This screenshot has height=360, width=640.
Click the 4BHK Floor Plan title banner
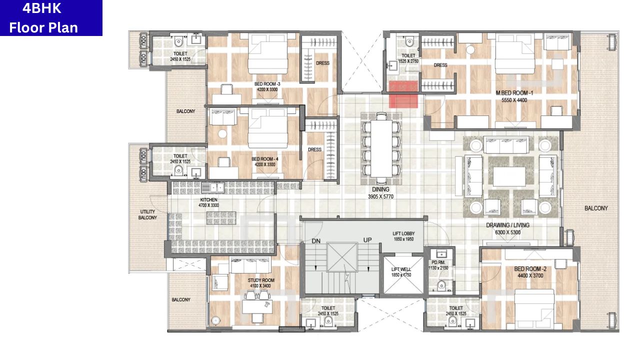[51, 17]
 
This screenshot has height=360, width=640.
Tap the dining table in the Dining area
[381, 148]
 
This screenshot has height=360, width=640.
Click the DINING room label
[380, 189]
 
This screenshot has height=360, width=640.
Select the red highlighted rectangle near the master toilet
[403, 94]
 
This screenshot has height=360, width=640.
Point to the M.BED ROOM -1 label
[514, 93]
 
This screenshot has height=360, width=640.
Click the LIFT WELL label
[401, 269]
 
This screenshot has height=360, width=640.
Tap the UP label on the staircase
[367, 240]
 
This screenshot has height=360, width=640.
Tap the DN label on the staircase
[316, 241]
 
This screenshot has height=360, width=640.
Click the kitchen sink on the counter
[213, 187]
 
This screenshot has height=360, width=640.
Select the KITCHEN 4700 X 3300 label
[209, 202]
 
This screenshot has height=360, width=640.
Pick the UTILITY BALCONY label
[147, 214]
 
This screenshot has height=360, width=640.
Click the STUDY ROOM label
[261, 280]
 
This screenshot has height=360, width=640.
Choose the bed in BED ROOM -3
[267, 53]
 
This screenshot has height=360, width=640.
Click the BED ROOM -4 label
[265, 159]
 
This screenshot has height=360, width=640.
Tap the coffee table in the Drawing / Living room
[509, 176]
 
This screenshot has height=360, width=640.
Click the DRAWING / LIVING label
[507, 225]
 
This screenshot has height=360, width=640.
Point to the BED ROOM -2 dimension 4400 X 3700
[530, 275]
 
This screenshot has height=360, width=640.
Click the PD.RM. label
[438, 262]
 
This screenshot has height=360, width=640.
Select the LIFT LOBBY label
[403, 233]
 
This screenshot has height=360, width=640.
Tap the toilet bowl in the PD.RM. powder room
[441, 285]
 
